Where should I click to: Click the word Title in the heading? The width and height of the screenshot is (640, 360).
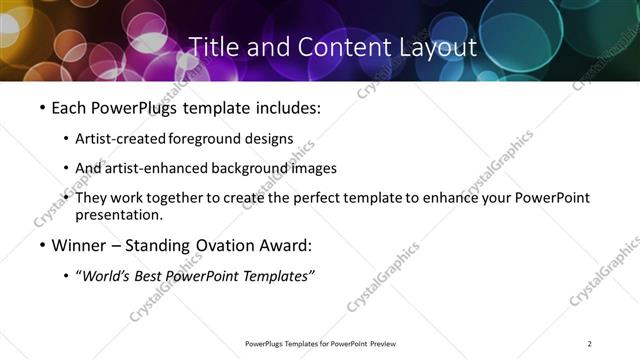pyautogui.click(x=213, y=47)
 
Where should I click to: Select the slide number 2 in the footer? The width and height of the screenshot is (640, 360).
pyautogui.click(x=590, y=344)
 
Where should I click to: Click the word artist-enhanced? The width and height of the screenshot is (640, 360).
pyautogui.click(x=150, y=168)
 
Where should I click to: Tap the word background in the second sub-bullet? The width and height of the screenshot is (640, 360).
pyautogui.click(x=252, y=168)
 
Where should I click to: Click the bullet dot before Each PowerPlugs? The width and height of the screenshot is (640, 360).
pyautogui.click(x=42, y=107)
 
